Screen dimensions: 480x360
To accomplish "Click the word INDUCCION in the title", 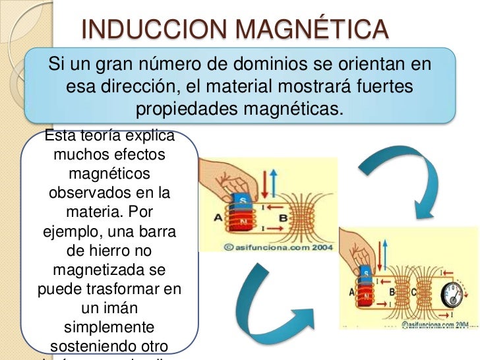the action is (156, 28).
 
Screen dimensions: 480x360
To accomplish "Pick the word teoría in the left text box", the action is (103, 136).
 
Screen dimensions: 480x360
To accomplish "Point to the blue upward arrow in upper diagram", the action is (274, 182).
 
